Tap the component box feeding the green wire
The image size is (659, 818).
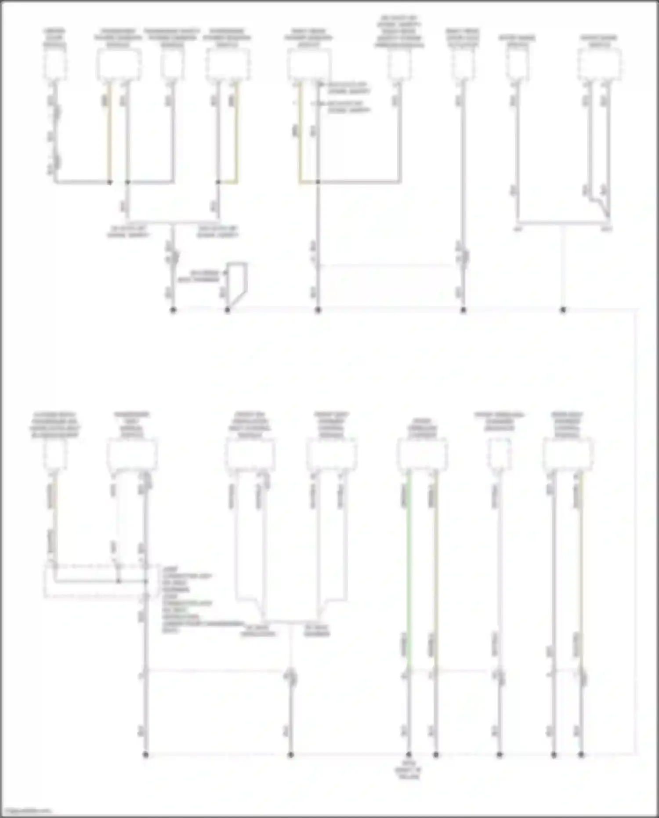click(x=422, y=455)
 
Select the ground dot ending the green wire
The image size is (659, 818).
click(x=409, y=755)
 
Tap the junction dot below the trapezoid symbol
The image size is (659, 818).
click(x=228, y=310)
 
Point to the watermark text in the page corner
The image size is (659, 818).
click(x=26, y=810)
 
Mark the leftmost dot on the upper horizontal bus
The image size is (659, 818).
click(x=173, y=310)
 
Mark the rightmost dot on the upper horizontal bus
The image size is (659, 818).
click(x=563, y=310)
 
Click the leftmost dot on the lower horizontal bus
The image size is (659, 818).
click(x=146, y=755)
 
